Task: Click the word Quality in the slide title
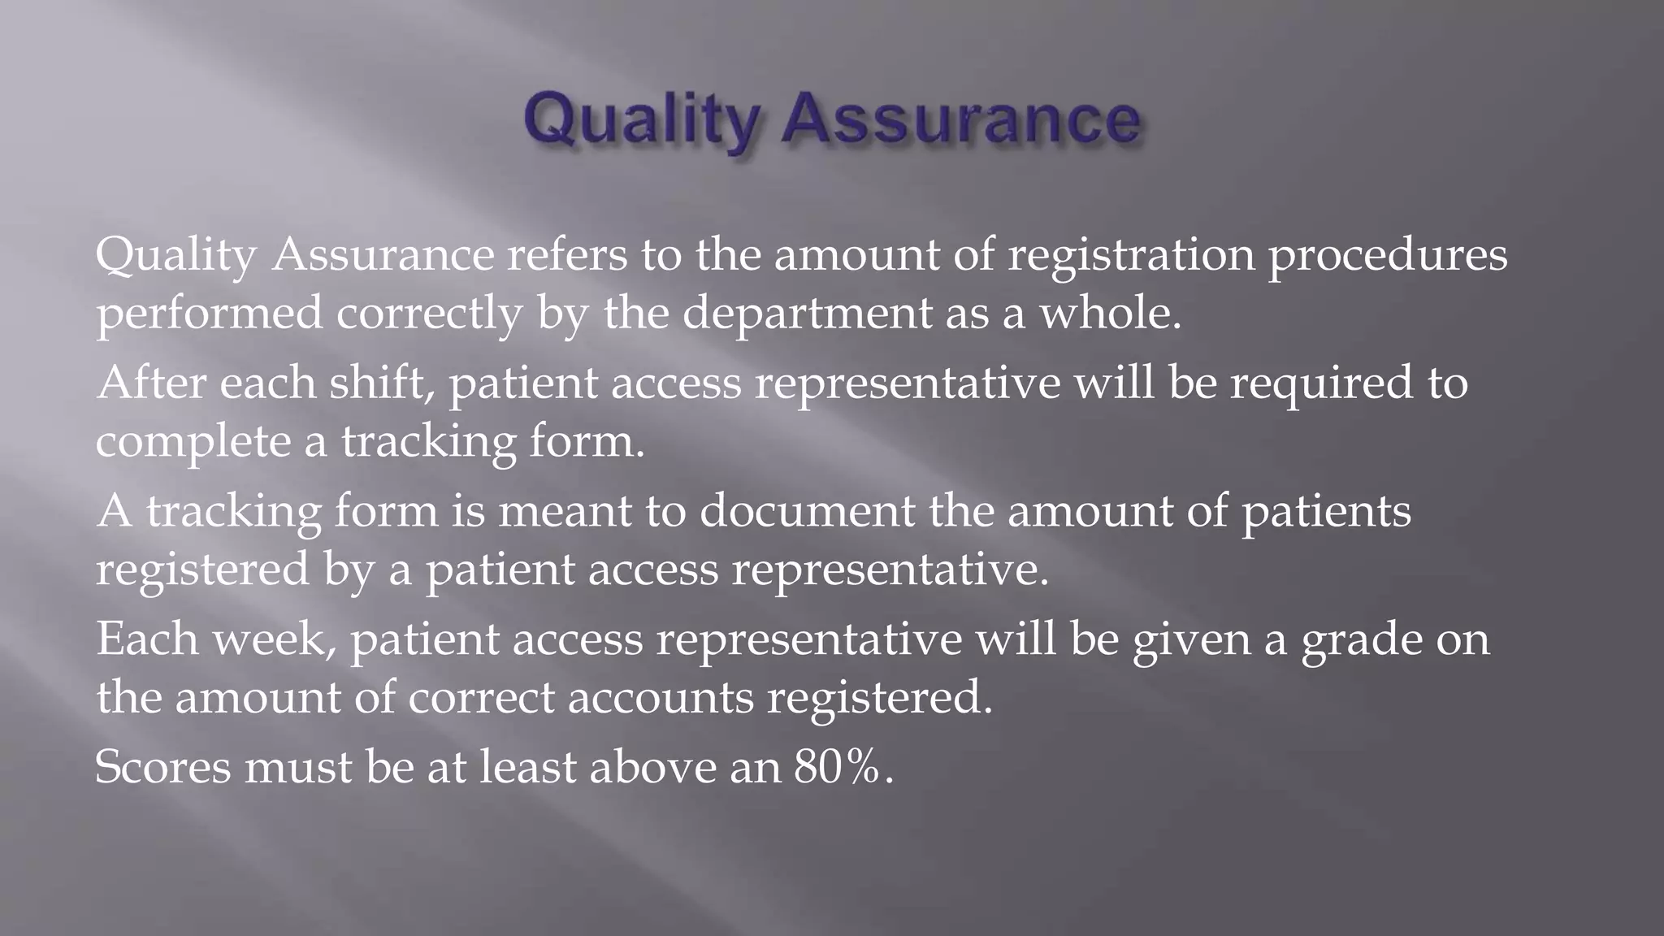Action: (642, 120)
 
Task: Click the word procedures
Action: (1388, 257)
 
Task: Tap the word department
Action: (807, 314)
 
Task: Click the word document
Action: (807, 511)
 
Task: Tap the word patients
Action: (1326, 513)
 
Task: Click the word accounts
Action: (661, 698)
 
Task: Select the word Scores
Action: (163, 767)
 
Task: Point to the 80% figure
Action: (838, 767)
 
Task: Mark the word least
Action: (527, 767)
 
